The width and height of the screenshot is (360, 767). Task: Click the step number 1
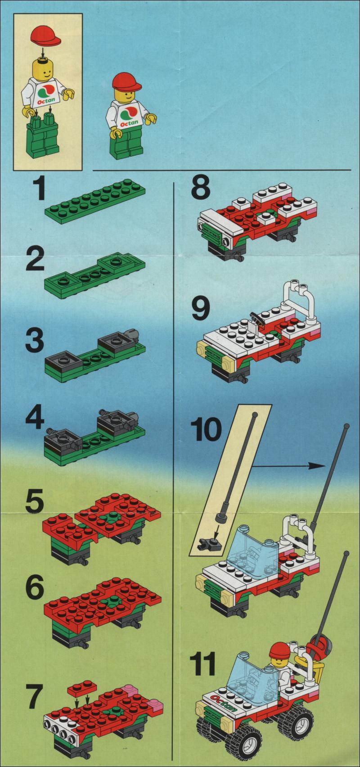point(38,189)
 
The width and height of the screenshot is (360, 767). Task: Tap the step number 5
point(35,504)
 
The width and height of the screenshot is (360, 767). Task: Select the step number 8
point(201,189)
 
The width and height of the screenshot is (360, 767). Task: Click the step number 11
point(203,663)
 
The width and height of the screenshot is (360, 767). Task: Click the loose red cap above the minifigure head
point(46,37)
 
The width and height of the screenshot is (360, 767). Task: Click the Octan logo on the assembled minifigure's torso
point(129,116)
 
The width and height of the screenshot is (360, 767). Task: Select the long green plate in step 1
point(95,201)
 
